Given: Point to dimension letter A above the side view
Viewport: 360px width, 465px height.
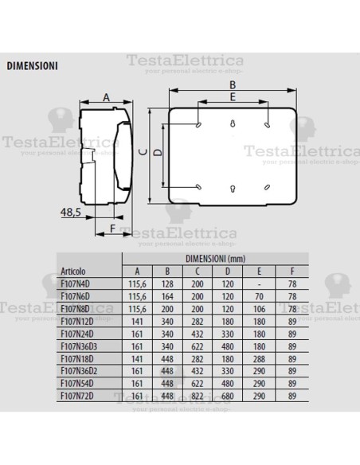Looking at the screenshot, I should (106, 98).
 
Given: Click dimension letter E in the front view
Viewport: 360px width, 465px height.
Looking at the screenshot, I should (232, 96).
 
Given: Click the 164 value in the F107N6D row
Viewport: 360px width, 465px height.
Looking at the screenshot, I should (168, 294).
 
